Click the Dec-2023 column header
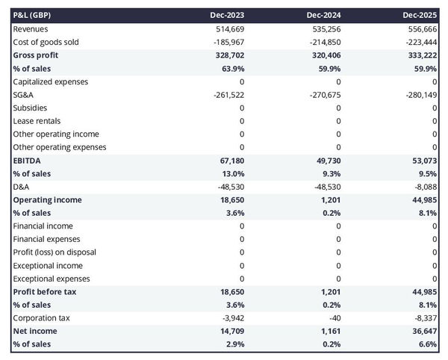tap(228, 15)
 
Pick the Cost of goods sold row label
tap(46, 42)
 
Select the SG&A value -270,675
tap(325, 94)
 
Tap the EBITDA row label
tap(26, 160)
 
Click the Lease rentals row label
tap(37, 121)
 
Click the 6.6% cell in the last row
tap(427, 344)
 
